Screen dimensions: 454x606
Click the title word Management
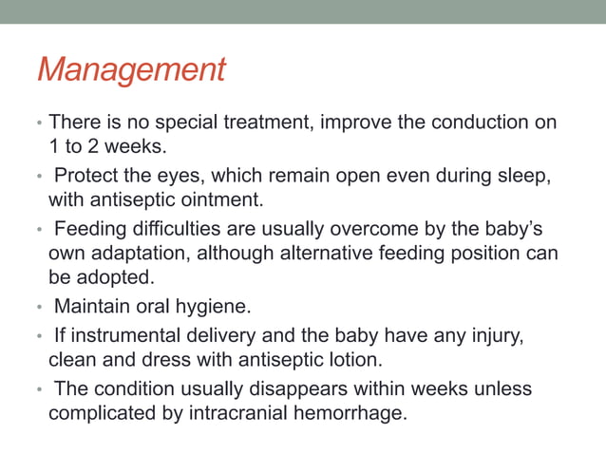point(131,70)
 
